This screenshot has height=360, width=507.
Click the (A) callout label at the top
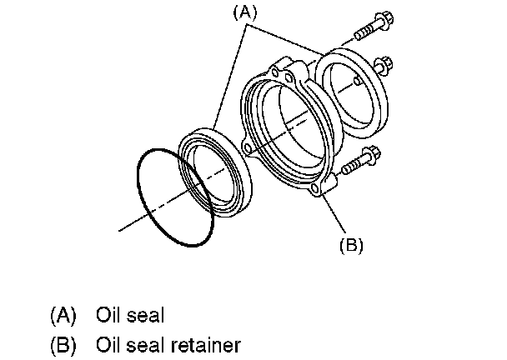[x=248, y=14]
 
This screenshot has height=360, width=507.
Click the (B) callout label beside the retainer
[x=350, y=245]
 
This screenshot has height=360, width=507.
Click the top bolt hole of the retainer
[x=288, y=77]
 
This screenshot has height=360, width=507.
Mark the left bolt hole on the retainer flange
[x=248, y=147]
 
